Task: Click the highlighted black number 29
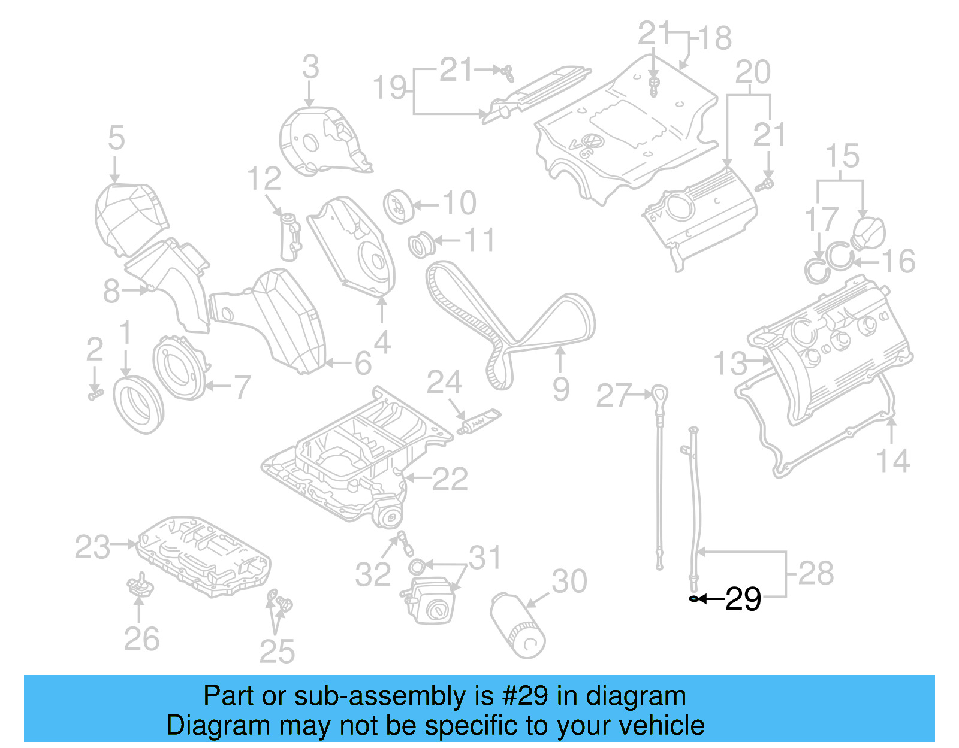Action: (x=743, y=599)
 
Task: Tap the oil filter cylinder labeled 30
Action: (x=517, y=625)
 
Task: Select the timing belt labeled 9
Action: (x=509, y=323)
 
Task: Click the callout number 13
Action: (x=731, y=364)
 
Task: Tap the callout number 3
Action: (x=310, y=67)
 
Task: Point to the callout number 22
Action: (x=450, y=479)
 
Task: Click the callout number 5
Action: (x=116, y=138)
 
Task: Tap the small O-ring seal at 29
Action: (x=694, y=598)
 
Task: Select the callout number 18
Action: (x=715, y=38)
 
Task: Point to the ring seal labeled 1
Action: (x=138, y=404)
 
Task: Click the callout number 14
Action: (x=892, y=461)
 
